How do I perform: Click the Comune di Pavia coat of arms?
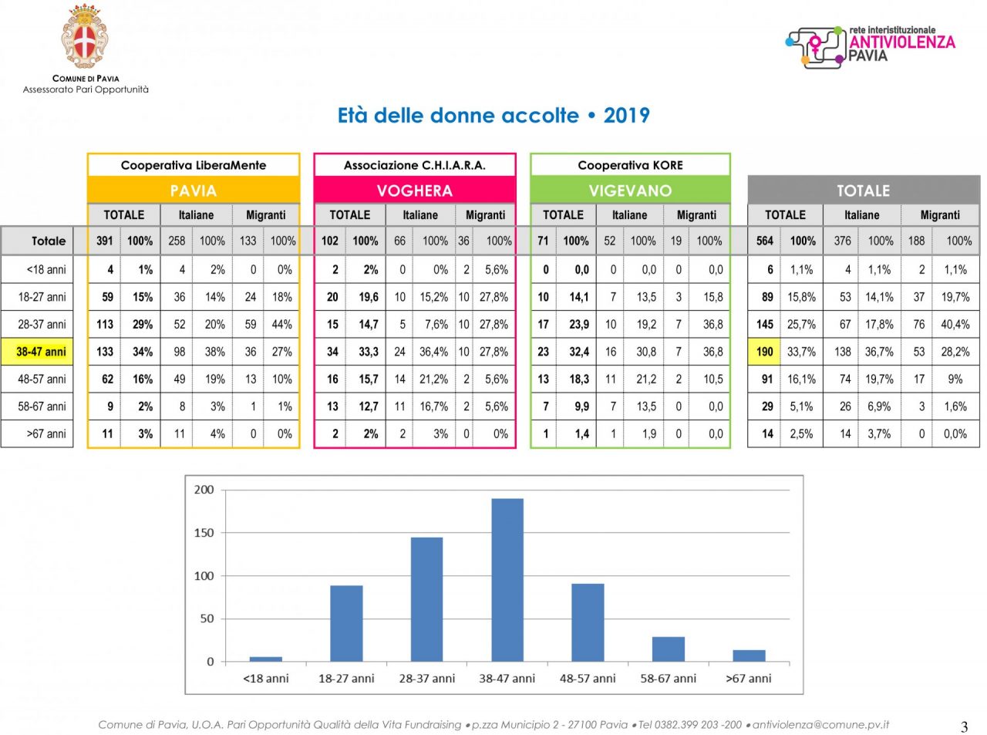coord(85,37)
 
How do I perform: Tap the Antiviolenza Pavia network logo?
coord(870,46)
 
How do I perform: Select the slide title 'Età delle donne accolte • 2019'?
coord(493,116)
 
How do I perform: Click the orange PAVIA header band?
coord(194,190)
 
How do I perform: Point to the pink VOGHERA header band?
coord(415,190)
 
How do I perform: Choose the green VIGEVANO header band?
coord(630,190)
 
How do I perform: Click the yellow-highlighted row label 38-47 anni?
coord(41,352)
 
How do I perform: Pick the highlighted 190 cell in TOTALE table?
coord(764,352)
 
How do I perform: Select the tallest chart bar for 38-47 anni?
coord(507,578)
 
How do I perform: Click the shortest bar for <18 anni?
coord(266,659)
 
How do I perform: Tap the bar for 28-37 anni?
coord(426,598)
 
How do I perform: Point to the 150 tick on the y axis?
coord(204,533)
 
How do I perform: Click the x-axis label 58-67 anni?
coord(668,679)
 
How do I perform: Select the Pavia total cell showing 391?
coord(105,241)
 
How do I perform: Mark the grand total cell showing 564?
coord(764,241)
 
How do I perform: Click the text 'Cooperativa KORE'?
coord(630,165)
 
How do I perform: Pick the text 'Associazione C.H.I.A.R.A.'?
coord(415,165)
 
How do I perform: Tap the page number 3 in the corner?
coord(964,727)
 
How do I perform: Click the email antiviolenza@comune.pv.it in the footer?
coord(820,724)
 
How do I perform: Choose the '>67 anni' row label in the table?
coord(46,433)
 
